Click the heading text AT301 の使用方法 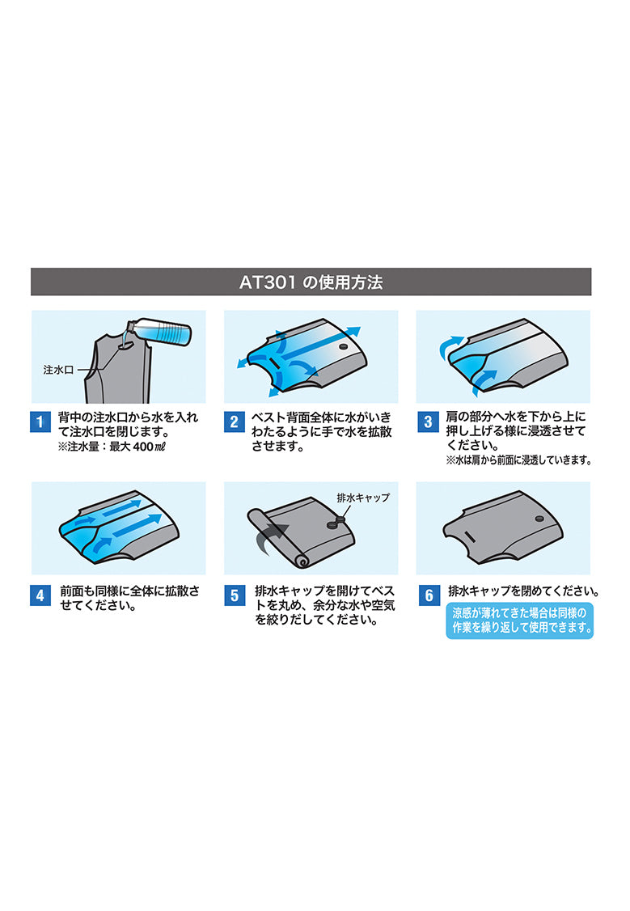tap(311, 282)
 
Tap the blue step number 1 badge tap(40, 422)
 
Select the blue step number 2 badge tap(234, 422)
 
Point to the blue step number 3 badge tap(428, 422)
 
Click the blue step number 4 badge tap(40, 595)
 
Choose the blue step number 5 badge tap(235, 595)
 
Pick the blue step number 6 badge tap(429, 595)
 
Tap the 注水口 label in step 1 tap(59, 370)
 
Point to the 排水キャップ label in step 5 tap(363, 498)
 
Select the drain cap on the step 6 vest tap(539, 519)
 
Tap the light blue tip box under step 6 tap(520, 621)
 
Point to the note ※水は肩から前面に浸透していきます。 tap(519, 460)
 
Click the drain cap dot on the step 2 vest tap(343, 346)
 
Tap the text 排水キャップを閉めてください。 tap(524, 591)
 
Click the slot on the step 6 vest tap(470, 536)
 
